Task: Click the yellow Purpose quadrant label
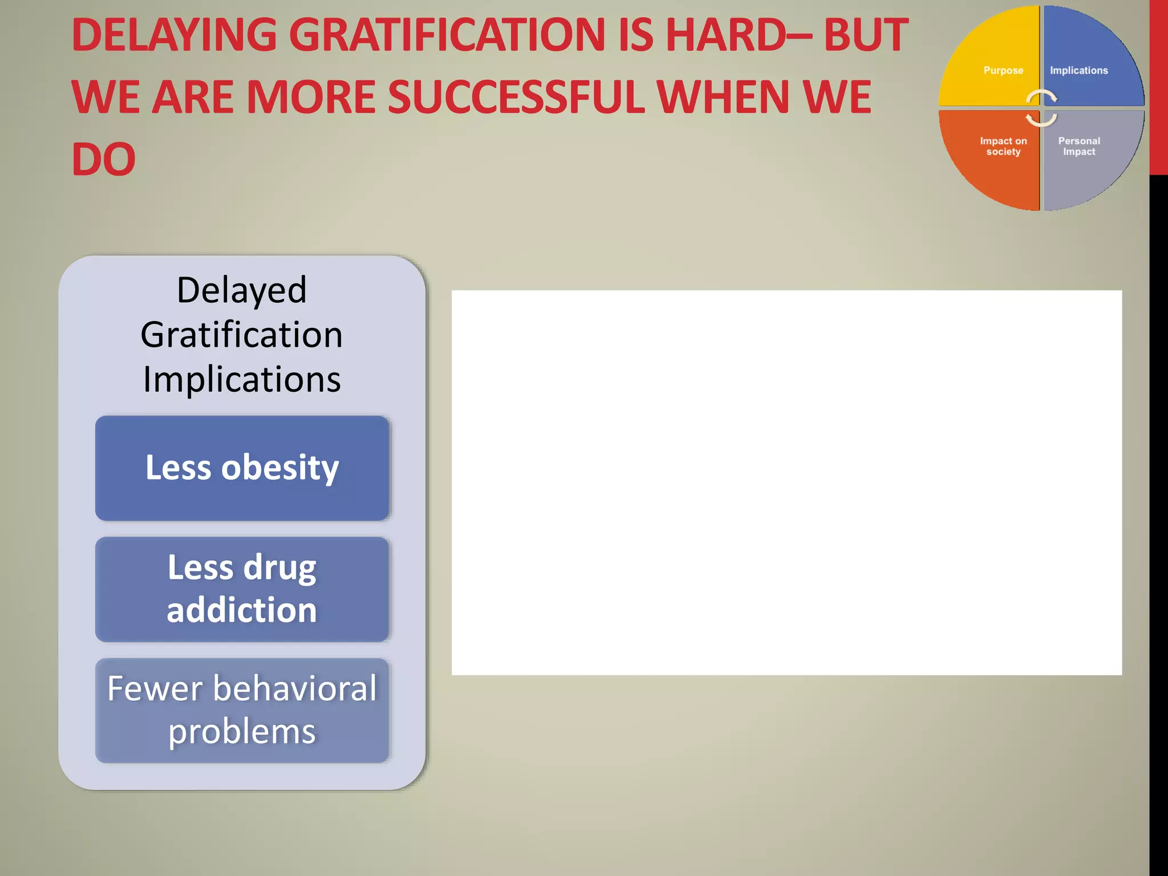(1003, 71)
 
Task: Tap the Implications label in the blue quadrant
(1078, 71)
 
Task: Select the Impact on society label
(1003, 147)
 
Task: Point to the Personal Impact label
(1078, 147)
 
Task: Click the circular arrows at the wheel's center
(1041, 108)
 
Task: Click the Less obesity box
(242, 468)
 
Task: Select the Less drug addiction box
(242, 589)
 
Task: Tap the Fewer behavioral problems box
(242, 710)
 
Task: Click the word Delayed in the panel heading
(242, 290)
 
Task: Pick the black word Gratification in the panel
(242, 335)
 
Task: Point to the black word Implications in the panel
(242, 379)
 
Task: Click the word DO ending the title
(103, 159)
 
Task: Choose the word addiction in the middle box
(242, 610)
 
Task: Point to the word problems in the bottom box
(242, 732)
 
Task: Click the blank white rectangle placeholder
(786, 482)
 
